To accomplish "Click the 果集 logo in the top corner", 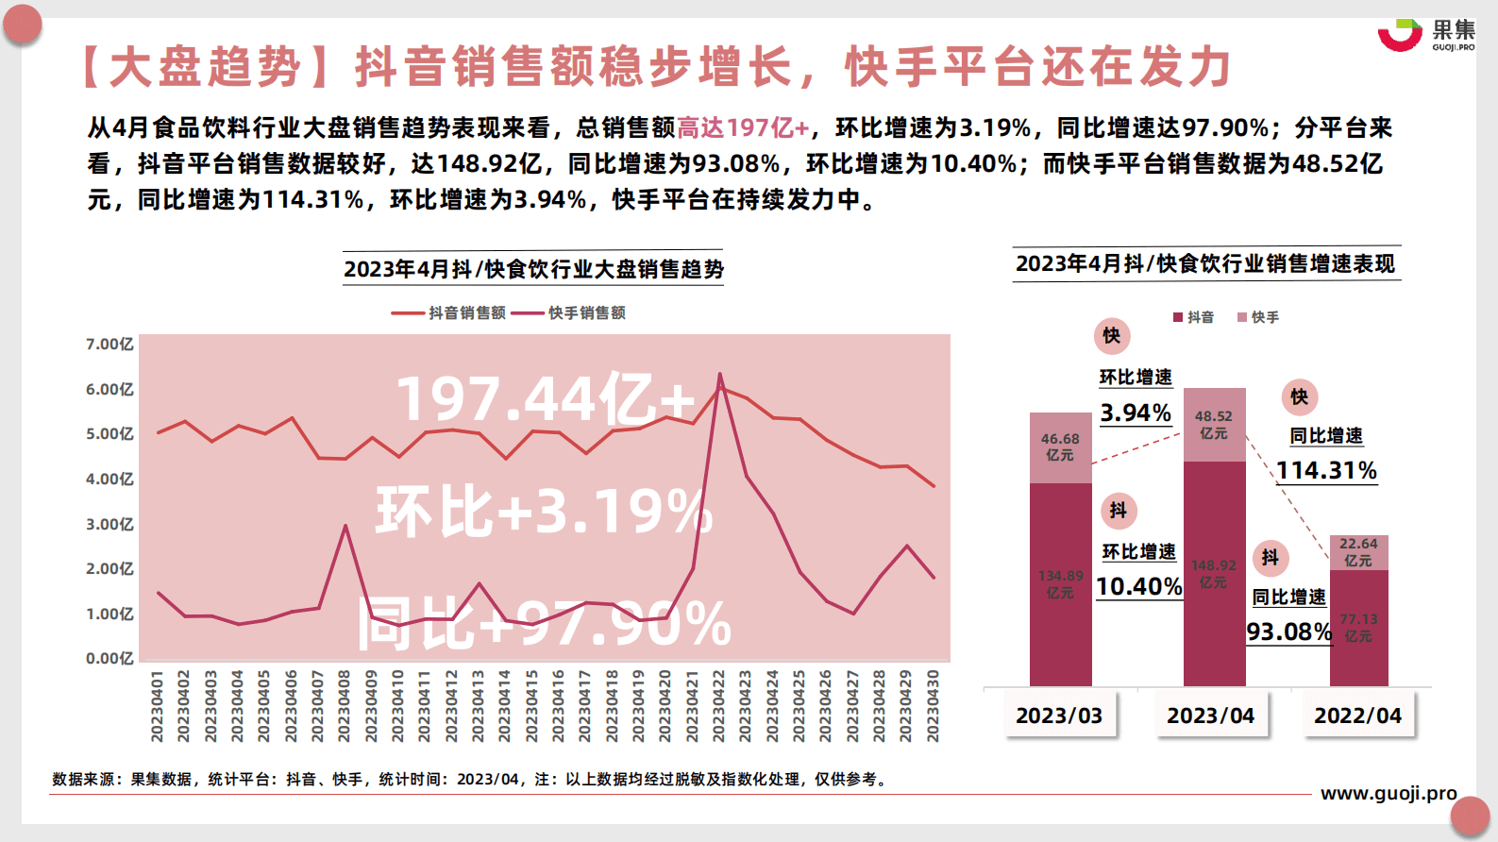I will (x=1425, y=35).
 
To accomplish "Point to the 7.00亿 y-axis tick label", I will (x=109, y=345).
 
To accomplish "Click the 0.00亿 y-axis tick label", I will (x=109, y=658).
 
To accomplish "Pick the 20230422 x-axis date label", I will (x=718, y=706).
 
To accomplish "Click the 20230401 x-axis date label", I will (x=157, y=706).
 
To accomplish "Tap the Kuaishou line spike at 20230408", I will (x=345, y=526).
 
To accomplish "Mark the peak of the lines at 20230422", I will (x=719, y=376).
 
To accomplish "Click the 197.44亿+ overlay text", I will (x=546, y=398).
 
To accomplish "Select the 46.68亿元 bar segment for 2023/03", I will (x=1060, y=447).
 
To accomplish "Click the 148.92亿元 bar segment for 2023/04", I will (x=1214, y=573).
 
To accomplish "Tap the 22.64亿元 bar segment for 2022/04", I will (x=1358, y=552).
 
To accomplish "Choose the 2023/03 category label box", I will (x=1059, y=716).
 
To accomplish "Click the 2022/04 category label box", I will (x=1357, y=716).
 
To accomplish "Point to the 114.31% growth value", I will (x=1326, y=470).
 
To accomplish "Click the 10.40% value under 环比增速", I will (x=1139, y=586).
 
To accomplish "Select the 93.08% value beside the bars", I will (x=1288, y=631).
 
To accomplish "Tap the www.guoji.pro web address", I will (x=1389, y=793).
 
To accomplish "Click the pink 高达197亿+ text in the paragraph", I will (x=743, y=127).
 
